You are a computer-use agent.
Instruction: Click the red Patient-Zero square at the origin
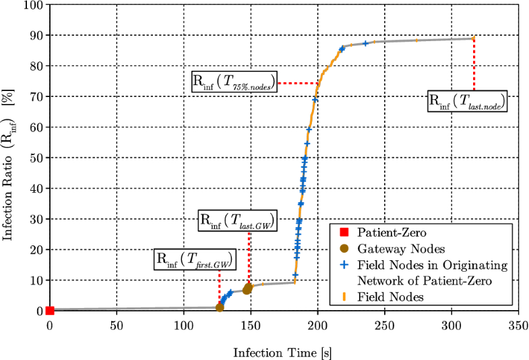point(50,311)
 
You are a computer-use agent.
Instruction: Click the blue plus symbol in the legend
point(344,264)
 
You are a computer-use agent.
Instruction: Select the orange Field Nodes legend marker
point(344,296)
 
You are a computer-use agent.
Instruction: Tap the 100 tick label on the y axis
point(32,5)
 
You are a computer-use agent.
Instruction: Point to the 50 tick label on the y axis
point(34,158)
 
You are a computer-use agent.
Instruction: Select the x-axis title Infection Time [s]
point(282,351)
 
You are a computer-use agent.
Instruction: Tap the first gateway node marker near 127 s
point(220,307)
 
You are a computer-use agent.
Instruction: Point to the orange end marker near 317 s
point(474,38)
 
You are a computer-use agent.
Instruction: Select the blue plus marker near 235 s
point(365,43)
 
